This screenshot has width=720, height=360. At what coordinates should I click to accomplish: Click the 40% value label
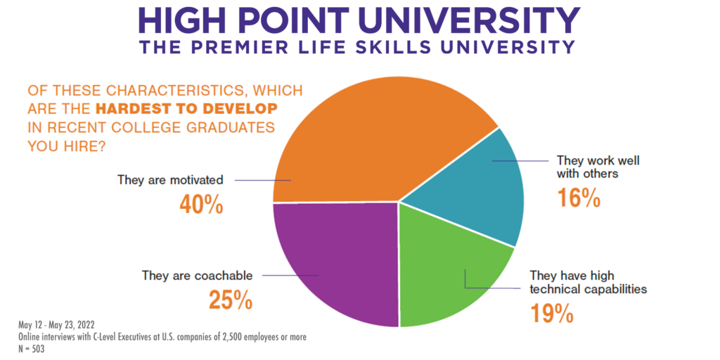201,205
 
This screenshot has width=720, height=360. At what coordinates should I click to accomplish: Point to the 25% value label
230,300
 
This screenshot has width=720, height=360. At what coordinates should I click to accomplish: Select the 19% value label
552,312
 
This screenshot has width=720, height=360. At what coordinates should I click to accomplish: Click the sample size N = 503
32,348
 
